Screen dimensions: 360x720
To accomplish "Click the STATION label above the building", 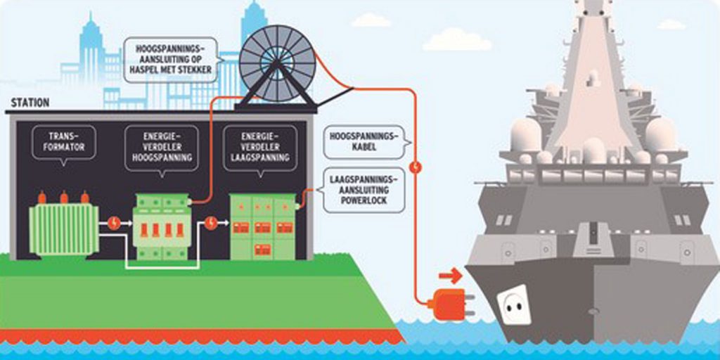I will point(30,103).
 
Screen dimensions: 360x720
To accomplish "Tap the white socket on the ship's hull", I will point(514,307).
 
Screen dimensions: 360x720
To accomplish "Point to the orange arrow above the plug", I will point(450,274).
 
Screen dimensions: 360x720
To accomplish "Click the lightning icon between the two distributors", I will point(210,224).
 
